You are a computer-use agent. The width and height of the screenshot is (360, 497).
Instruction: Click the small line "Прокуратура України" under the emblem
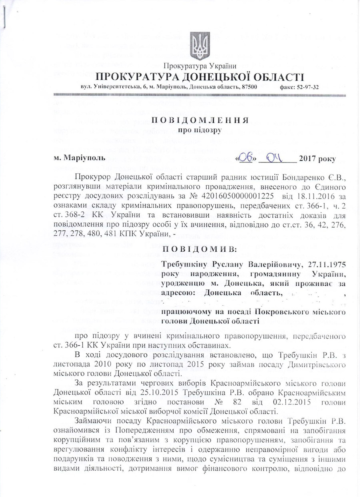200,66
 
